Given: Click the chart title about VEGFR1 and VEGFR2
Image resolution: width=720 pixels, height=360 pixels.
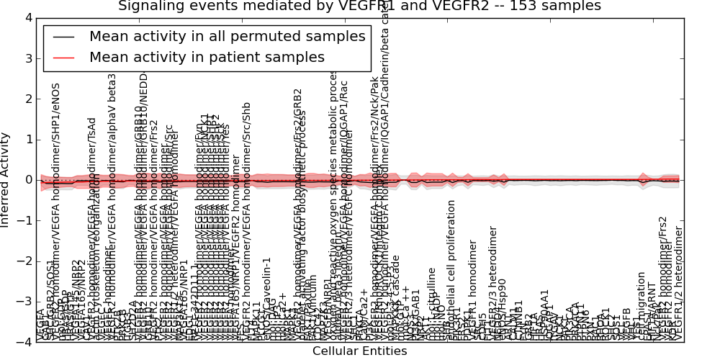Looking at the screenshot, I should (359, 6).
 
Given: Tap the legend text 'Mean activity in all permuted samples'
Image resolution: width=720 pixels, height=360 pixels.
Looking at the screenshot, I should (227, 37).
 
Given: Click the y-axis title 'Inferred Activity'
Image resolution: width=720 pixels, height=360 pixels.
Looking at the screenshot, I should (6, 179).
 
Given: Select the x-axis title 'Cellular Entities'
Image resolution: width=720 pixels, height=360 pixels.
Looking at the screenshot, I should (359, 351).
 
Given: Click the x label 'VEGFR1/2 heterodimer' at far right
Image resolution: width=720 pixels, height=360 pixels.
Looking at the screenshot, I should (679, 284).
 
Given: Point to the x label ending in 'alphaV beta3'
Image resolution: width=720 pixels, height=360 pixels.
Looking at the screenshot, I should (112, 202).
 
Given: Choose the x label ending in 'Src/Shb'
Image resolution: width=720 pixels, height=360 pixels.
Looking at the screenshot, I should (246, 238).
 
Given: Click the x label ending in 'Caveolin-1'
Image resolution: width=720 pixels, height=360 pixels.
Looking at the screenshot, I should (266, 295).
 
